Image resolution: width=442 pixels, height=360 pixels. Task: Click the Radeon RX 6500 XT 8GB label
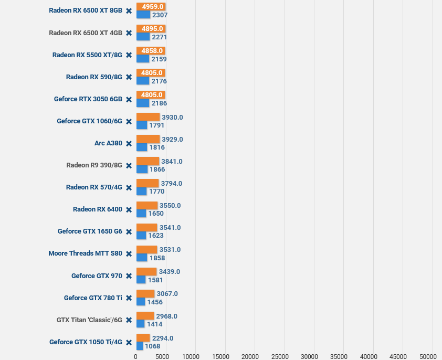coord(86,10)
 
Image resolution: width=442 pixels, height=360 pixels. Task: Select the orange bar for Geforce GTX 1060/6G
coord(148,117)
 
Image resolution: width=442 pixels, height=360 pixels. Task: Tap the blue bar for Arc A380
coord(142,147)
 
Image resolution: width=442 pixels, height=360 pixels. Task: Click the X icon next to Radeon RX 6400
coord(129,209)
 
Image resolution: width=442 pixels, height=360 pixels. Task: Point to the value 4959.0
coord(153,6)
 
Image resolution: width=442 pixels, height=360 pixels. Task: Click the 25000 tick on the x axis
coord(280,357)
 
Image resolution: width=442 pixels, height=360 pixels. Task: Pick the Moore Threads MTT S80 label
coord(85,253)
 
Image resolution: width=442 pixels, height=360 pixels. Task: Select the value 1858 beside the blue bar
coord(157,258)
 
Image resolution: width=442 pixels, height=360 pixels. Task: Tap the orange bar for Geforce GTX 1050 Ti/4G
coord(143,338)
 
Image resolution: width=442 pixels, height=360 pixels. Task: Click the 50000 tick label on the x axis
coord(428,357)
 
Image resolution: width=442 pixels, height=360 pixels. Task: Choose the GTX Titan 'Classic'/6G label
coord(89,320)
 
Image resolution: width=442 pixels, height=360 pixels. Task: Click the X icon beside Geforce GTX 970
coord(129,276)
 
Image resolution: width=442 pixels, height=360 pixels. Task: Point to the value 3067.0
coord(167,294)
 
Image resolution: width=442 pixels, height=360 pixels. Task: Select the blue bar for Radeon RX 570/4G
coord(142,192)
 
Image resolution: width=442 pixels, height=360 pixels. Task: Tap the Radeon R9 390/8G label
coord(94,165)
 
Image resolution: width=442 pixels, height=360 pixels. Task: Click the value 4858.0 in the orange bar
coord(152,51)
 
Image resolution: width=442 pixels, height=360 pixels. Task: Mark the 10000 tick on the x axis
coord(191,357)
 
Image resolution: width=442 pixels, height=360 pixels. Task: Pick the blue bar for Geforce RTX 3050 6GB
coord(143,103)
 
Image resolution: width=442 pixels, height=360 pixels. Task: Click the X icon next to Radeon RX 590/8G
coord(129,77)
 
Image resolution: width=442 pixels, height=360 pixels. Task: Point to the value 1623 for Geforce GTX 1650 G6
coord(156,236)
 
